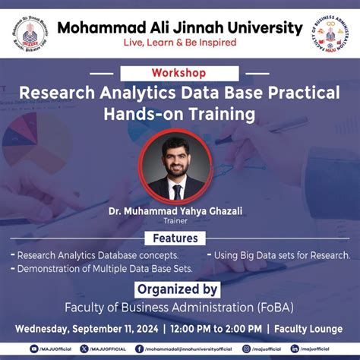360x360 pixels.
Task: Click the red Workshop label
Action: (x=178, y=73)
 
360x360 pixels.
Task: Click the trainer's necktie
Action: (x=178, y=191)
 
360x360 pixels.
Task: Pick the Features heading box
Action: (x=180, y=238)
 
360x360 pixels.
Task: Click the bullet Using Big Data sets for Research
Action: (x=282, y=255)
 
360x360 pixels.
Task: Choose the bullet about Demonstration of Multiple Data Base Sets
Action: (x=103, y=269)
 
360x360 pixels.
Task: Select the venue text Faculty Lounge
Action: (x=311, y=329)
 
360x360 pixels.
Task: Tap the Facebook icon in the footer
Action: (x=139, y=349)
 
